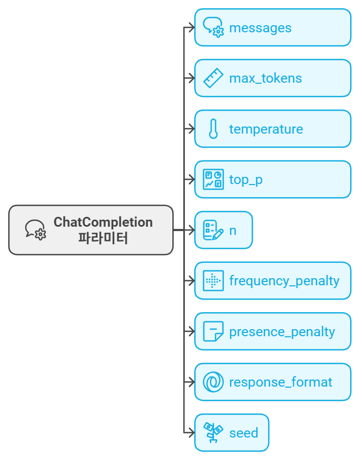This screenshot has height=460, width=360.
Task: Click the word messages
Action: point(260,28)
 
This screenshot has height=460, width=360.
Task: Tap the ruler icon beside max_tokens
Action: point(213,78)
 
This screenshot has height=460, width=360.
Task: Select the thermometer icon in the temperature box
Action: point(213,129)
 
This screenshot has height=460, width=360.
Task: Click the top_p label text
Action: point(246,180)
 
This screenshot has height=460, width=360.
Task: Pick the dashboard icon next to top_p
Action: point(213,179)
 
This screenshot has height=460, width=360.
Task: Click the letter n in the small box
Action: point(233,231)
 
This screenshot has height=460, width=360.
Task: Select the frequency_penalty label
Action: point(284,281)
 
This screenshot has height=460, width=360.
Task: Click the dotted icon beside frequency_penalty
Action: point(213,281)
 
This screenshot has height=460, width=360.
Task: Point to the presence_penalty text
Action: point(282,332)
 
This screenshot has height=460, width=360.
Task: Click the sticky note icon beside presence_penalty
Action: point(213,331)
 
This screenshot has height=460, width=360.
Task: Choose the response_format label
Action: point(281,382)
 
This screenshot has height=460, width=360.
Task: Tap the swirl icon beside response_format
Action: point(213,382)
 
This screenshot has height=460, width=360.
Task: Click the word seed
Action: point(243,433)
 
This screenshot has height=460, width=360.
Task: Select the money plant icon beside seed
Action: point(213,433)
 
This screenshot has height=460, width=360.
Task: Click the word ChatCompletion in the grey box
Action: point(103,223)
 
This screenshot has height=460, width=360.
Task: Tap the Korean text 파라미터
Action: point(103,238)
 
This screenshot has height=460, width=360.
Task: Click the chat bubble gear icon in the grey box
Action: point(36,230)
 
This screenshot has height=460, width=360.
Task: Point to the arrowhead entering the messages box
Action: point(191,27)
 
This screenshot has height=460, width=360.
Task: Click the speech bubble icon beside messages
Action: point(213,27)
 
